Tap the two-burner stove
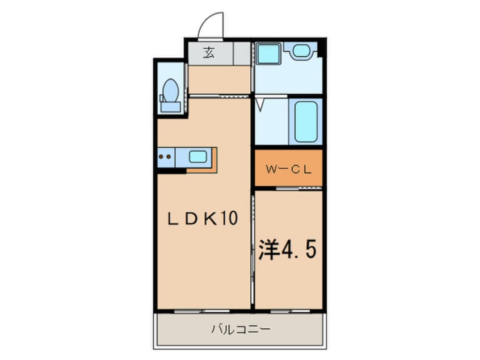pyautogui.click(x=166, y=156)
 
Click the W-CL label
pyautogui.click(x=287, y=168)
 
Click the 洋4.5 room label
pyautogui.click(x=286, y=250)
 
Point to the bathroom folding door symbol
pyautogui.click(x=261, y=106)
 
